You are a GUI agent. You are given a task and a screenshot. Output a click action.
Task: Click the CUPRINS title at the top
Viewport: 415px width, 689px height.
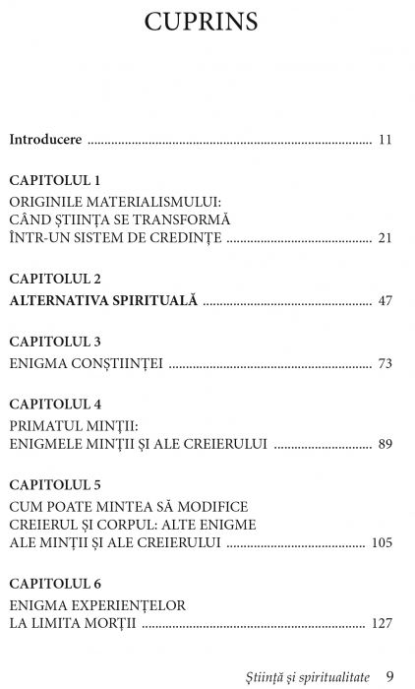(x=207, y=23)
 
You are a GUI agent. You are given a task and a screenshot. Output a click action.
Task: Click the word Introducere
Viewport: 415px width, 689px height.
(x=45, y=140)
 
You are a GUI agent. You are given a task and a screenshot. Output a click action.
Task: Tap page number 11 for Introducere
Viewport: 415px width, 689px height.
(x=385, y=140)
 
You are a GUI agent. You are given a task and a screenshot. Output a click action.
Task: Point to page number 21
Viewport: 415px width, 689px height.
(x=385, y=238)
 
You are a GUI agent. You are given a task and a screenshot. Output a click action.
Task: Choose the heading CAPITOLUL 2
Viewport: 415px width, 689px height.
(x=54, y=280)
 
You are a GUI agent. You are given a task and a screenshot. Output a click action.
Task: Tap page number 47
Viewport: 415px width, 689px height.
(x=385, y=300)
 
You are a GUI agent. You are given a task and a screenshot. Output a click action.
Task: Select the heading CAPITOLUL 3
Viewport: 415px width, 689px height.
(x=54, y=342)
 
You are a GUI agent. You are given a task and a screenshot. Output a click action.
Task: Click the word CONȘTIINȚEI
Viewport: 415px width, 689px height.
(x=116, y=363)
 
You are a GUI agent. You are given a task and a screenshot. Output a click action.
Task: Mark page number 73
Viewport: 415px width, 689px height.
(x=385, y=363)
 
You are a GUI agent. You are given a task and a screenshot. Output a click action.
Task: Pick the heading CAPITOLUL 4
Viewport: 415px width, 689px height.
(x=54, y=405)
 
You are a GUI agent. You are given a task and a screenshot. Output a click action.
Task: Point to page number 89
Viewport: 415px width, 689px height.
(x=385, y=444)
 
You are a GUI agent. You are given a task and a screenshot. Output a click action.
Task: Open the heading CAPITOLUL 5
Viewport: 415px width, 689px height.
(x=54, y=485)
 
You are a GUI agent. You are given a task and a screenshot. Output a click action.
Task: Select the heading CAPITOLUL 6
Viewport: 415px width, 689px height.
(x=54, y=584)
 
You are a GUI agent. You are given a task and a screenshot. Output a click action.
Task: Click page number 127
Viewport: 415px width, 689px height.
(x=382, y=623)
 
